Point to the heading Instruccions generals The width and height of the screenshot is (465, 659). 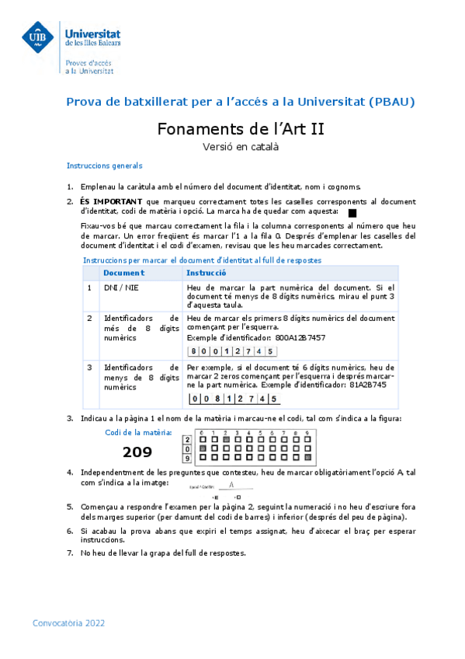[104, 166]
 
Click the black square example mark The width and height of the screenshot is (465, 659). [352, 212]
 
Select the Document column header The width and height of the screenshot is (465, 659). [123, 273]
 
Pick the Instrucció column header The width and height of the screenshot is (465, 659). [206, 273]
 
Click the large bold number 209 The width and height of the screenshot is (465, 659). [137, 452]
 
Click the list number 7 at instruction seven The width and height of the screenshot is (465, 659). [70, 553]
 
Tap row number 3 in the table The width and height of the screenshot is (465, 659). [89, 367]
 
